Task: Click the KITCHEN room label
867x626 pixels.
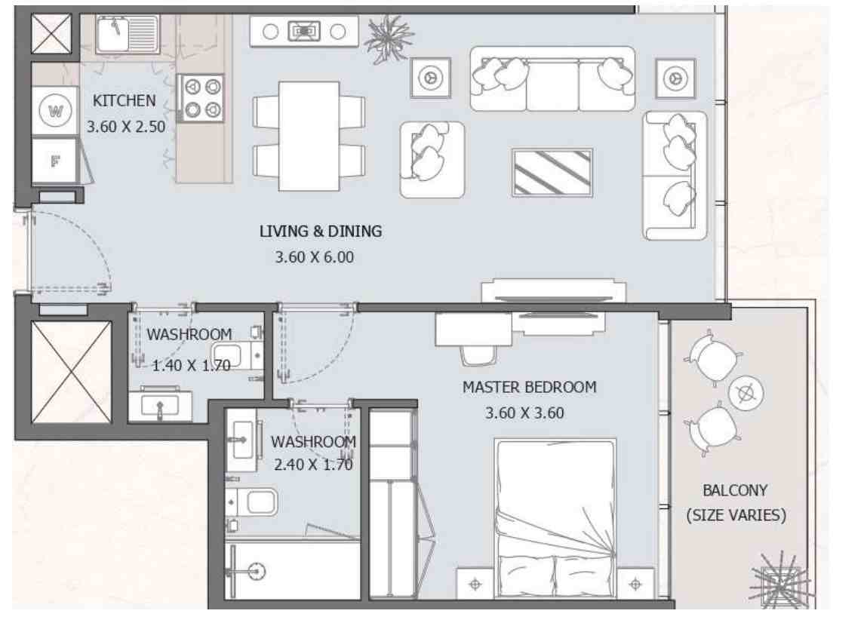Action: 124,100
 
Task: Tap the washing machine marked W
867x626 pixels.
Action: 55,112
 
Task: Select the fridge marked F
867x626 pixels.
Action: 55,161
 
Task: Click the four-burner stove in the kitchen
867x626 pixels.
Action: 201,98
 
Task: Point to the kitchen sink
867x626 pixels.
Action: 128,34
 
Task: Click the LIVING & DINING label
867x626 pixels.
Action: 320,231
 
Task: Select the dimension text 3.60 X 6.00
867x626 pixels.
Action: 314,257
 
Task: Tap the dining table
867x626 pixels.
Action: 309,136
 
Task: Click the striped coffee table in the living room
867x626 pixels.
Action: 552,172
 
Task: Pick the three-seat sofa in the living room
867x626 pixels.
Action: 552,78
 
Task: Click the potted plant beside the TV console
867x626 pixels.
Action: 389,38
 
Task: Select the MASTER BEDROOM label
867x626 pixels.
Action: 529,388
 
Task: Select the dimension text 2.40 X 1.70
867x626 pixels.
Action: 313,465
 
